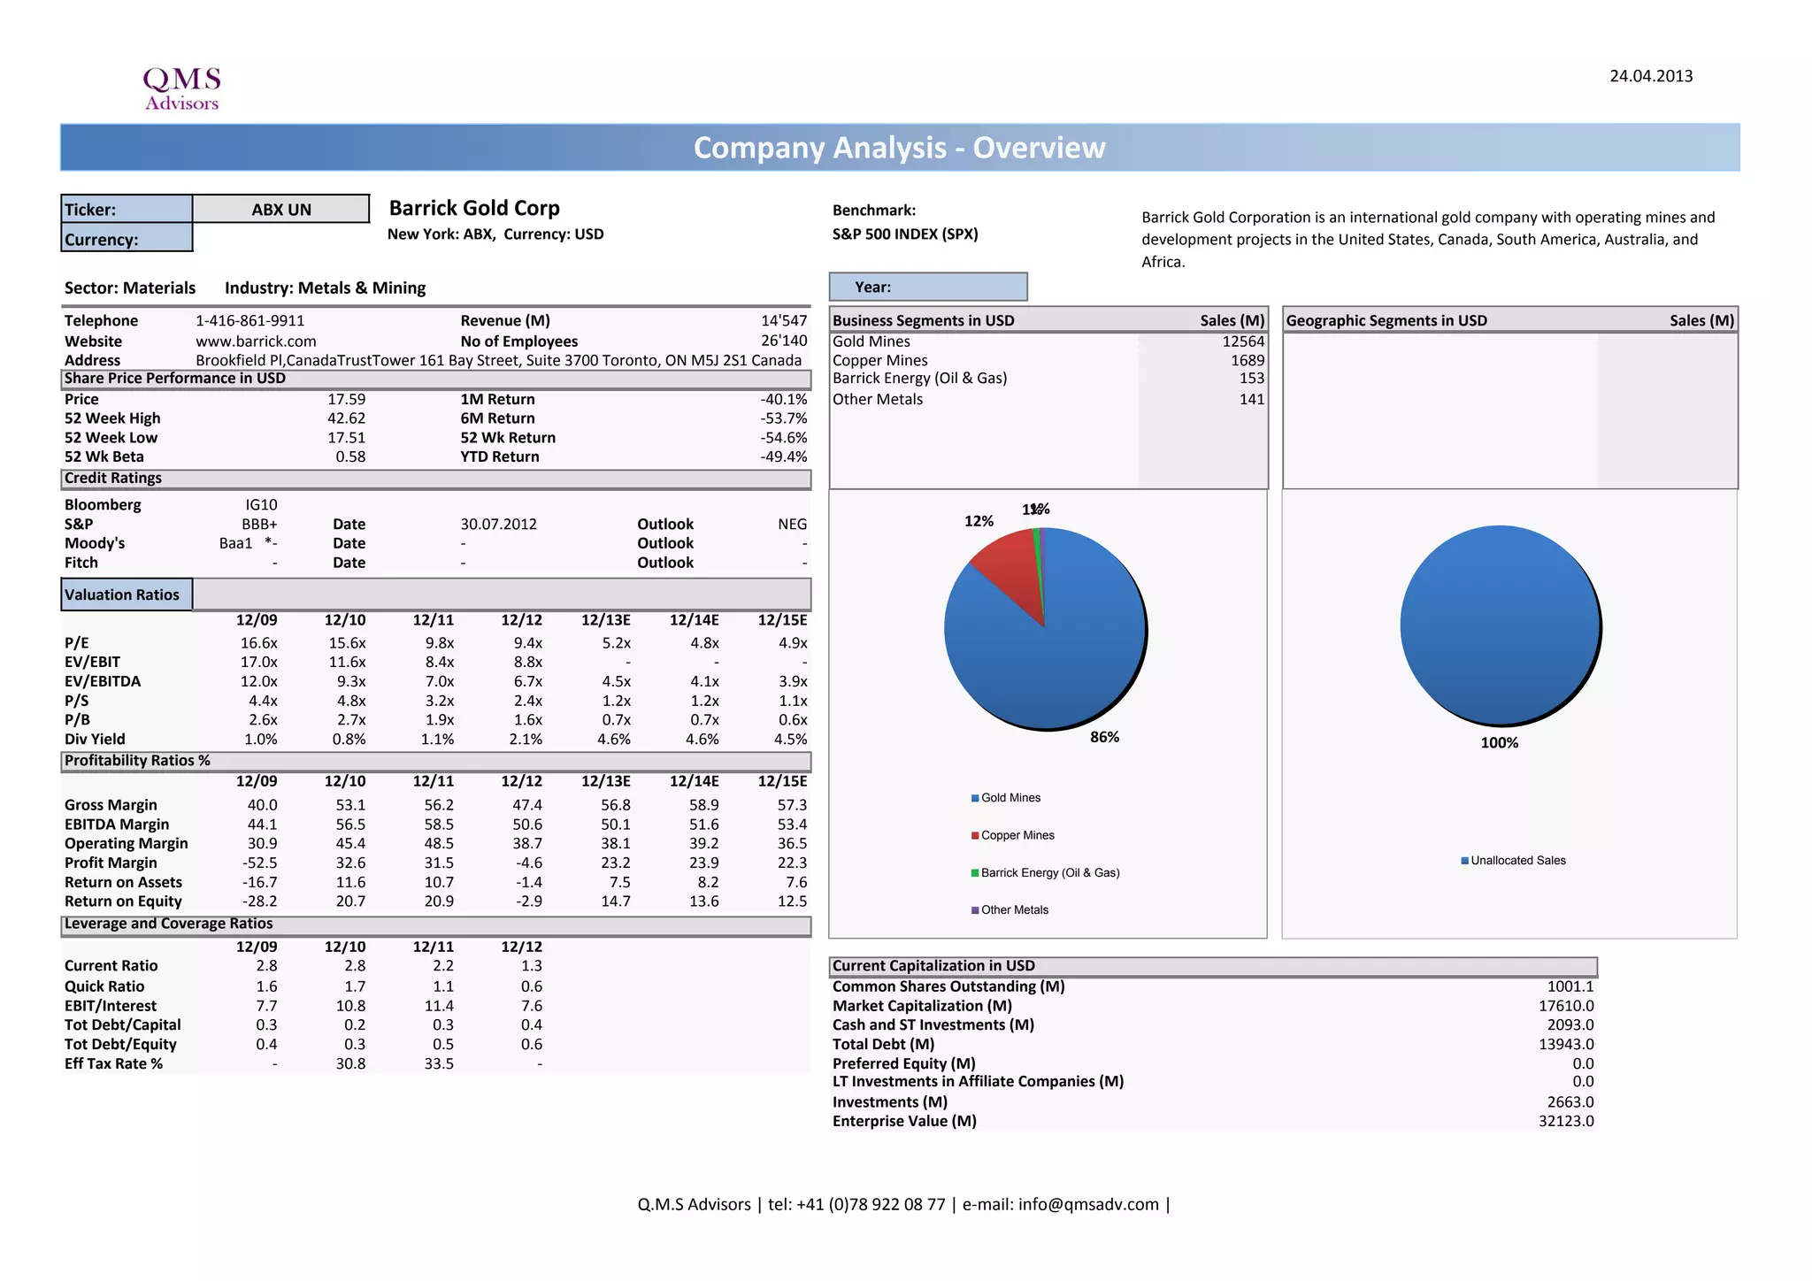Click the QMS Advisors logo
pyautogui.click(x=181, y=88)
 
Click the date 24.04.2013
pyautogui.click(x=1650, y=76)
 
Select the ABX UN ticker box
pyautogui.click(x=280, y=210)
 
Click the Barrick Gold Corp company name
pyautogui.click(x=474, y=208)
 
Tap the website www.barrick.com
pyautogui.click(x=256, y=341)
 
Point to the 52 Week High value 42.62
pyautogui.click(x=346, y=418)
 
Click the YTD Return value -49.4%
pyautogui.click(x=783, y=456)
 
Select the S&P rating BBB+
pyautogui.click(x=259, y=524)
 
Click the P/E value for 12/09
pyautogui.click(x=258, y=643)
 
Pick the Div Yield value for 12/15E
pyautogui.click(x=789, y=739)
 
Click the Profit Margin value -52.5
pyautogui.click(x=259, y=863)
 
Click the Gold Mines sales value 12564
pyautogui.click(x=1243, y=341)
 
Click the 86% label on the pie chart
pyautogui.click(x=1104, y=737)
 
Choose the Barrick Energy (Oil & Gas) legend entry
pyautogui.click(x=1049, y=872)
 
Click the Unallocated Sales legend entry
pyautogui.click(x=1517, y=860)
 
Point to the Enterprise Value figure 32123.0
pyautogui.click(x=1565, y=1121)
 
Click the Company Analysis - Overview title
pyautogui.click(x=899, y=148)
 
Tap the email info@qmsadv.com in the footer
pyautogui.click(x=1087, y=1204)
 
